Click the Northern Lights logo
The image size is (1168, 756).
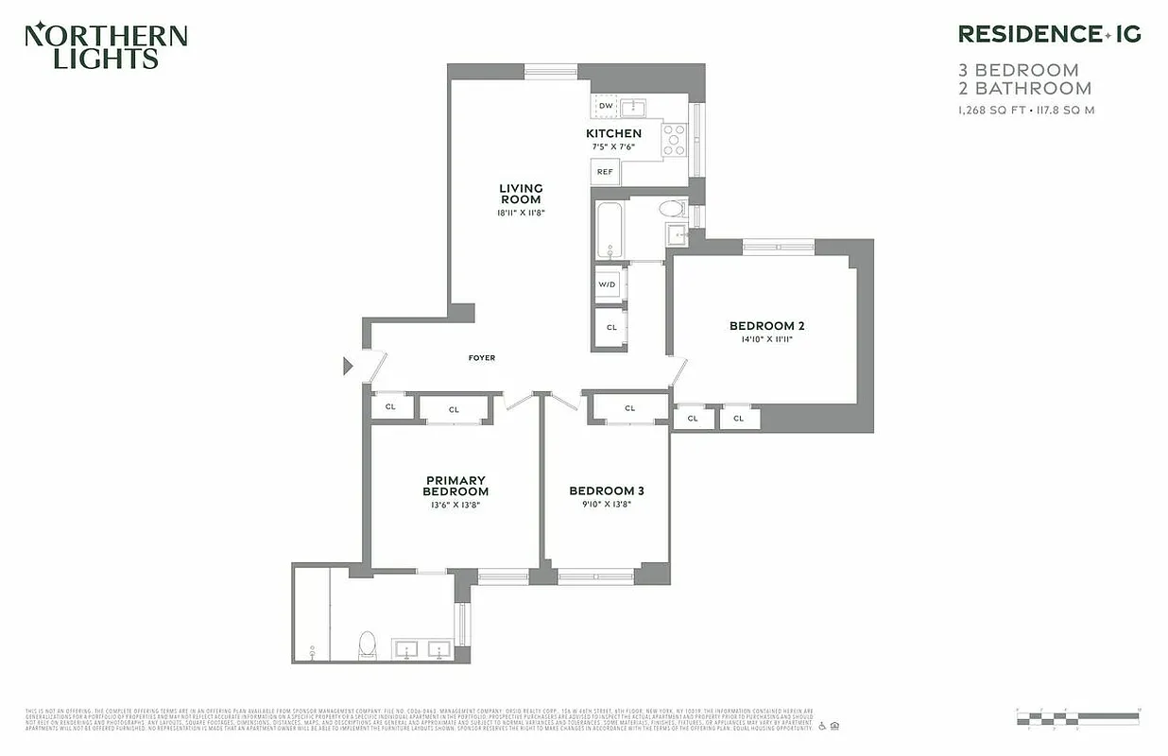106,46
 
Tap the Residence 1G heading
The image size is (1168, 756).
1049,34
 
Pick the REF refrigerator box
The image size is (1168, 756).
605,172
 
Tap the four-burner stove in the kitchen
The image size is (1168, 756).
674,139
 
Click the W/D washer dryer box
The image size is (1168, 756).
607,284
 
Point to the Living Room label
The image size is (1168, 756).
521,194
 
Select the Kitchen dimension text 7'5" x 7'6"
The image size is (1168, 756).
613,146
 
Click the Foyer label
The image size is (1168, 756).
482,358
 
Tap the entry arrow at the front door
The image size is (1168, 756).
348,365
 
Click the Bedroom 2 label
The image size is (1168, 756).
766,326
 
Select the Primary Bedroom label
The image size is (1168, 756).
455,486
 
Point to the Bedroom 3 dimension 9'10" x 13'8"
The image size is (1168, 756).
606,505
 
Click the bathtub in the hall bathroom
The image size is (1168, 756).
610,231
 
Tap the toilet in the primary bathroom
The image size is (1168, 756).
367,644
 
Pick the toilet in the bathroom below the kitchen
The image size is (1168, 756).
672,209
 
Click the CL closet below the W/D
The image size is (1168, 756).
611,328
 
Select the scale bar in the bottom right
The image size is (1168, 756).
1078,718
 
